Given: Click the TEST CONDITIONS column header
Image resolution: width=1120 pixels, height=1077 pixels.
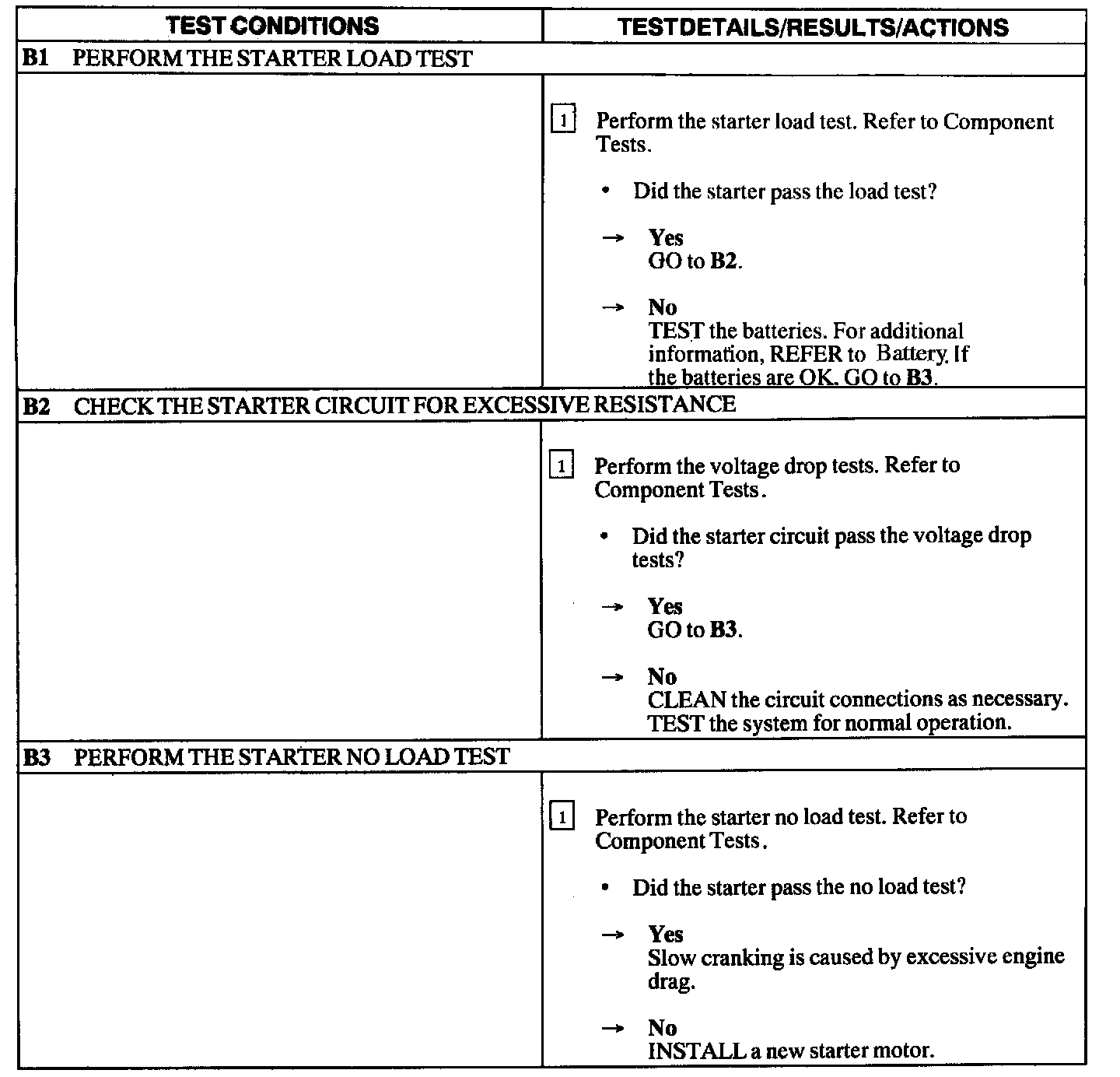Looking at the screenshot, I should click(273, 26).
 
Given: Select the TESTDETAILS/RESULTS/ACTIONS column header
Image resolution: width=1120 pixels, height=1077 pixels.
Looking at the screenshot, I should click(813, 27).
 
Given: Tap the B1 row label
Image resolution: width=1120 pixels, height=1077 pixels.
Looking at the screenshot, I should click(36, 59).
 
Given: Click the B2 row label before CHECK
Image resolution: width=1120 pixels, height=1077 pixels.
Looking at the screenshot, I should click(37, 405).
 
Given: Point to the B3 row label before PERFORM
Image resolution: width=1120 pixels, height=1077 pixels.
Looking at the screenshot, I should click(37, 757).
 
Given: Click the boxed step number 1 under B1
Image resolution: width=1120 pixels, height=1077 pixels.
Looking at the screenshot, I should click(563, 121).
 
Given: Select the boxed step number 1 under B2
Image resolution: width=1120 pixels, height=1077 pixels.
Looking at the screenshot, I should click(562, 466).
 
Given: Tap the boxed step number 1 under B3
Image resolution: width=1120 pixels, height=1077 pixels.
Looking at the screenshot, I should click(562, 818).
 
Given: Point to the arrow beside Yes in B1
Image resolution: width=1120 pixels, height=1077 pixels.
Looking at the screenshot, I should click(613, 238).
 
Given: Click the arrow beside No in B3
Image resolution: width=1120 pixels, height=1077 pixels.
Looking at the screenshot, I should click(613, 1029).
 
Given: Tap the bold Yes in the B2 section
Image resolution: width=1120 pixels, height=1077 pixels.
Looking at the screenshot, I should click(665, 606).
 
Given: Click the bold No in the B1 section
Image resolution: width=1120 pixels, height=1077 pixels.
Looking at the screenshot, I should click(662, 307).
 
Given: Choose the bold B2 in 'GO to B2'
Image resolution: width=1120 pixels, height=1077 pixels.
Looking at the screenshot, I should click(723, 261).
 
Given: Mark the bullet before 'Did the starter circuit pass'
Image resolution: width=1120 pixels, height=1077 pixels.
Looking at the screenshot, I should click(605, 537).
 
